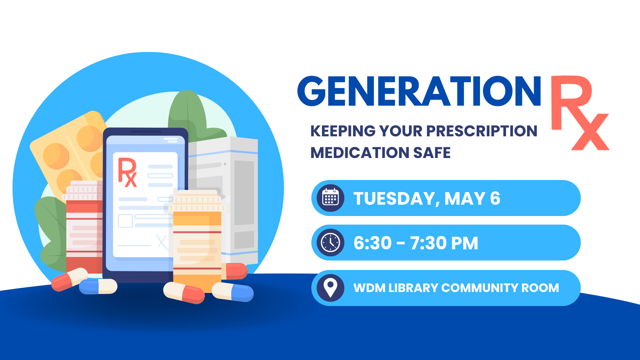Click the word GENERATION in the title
click(x=419, y=91)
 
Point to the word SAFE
click(x=432, y=153)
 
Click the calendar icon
click(x=330, y=198)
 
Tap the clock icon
click(x=330, y=243)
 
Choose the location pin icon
click(x=330, y=288)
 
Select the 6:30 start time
click(x=373, y=243)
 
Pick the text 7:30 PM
click(x=444, y=243)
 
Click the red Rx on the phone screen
click(x=127, y=172)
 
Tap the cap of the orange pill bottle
click(x=198, y=201)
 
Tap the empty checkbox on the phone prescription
click(x=126, y=221)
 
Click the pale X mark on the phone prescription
click(x=162, y=242)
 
